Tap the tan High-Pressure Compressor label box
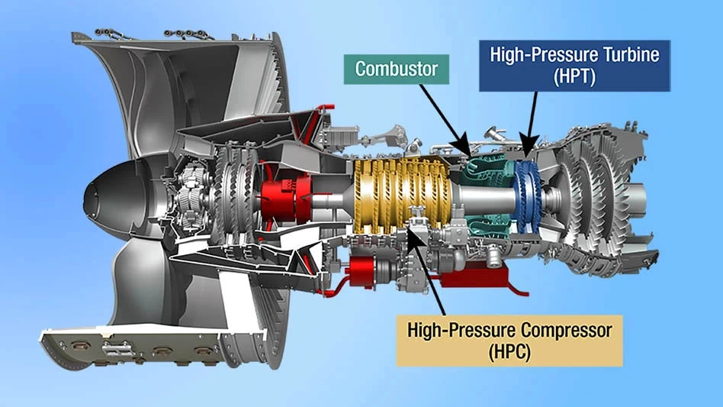click(509, 340)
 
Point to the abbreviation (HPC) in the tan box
click(509, 352)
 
